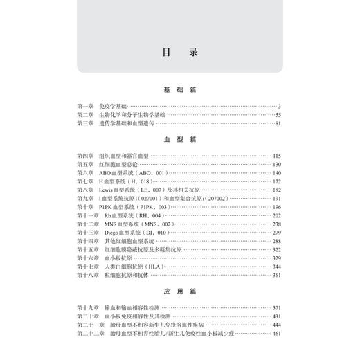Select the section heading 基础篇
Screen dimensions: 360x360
[x=179, y=90]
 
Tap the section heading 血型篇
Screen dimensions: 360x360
[x=179, y=138]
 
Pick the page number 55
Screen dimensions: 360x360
[x=277, y=114]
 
